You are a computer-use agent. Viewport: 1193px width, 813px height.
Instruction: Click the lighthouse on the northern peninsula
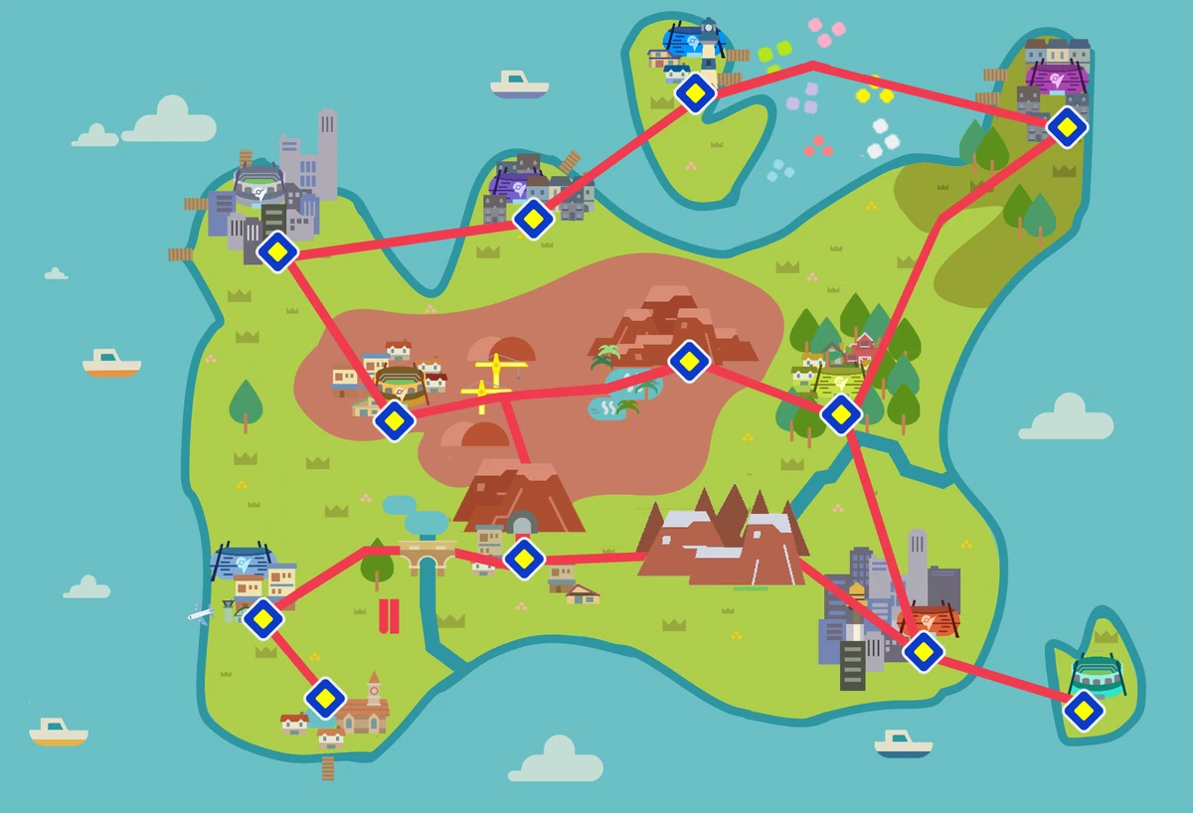(708, 42)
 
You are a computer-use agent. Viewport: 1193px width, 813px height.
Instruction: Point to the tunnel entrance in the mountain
(522, 523)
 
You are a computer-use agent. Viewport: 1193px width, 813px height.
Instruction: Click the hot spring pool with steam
(607, 407)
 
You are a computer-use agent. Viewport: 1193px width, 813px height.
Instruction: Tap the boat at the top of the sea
(519, 84)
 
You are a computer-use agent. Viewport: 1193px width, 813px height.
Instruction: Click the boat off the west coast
(111, 363)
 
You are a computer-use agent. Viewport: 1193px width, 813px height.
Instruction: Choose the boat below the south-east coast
(904, 743)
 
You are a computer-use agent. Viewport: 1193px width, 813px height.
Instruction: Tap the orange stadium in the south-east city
(928, 619)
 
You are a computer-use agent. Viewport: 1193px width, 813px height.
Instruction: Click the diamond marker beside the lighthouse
(695, 94)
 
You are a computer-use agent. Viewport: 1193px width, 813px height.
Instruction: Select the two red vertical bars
(389, 616)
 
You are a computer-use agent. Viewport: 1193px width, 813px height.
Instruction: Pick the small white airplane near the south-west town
(200, 614)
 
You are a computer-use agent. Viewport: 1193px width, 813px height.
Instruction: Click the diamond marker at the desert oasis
(688, 361)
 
